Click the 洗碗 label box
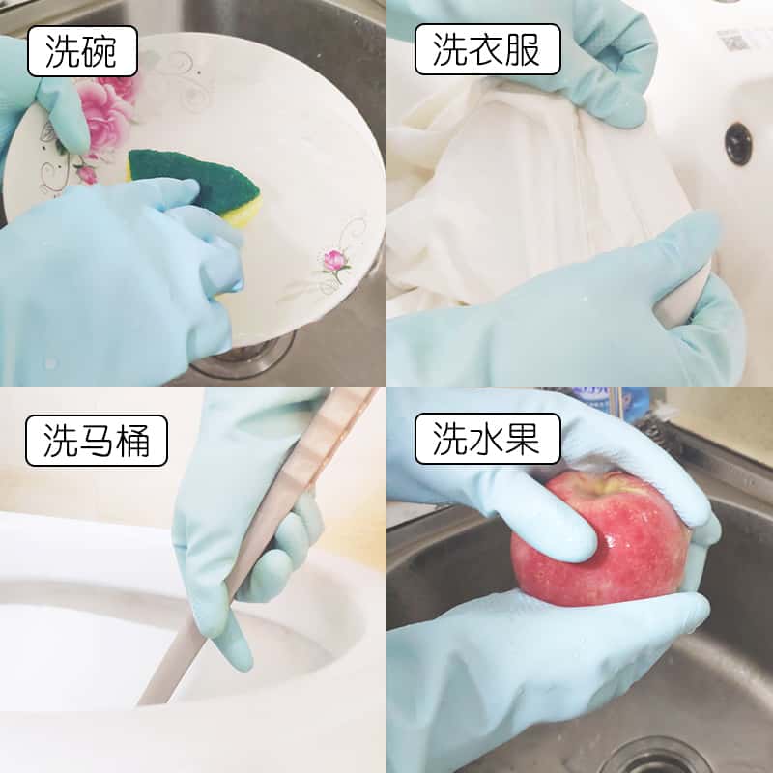coord(82,51)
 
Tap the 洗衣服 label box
coord(488,49)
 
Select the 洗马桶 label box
coord(97,441)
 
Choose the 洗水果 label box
coord(488,439)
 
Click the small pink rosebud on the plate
coord(334,260)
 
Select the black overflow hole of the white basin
coord(738,143)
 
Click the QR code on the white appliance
coord(733,41)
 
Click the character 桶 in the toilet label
coord(132,441)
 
